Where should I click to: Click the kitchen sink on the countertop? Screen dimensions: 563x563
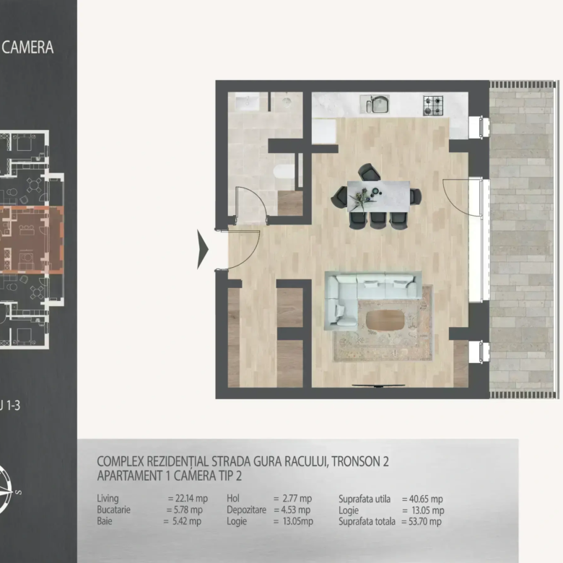[375, 104]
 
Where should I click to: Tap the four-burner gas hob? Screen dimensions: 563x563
[433, 105]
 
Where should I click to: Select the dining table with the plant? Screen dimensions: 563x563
[378, 196]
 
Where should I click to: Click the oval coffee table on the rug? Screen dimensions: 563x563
[385, 320]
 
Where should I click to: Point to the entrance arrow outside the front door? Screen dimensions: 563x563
[203, 250]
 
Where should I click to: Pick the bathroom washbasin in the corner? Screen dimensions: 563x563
[247, 102]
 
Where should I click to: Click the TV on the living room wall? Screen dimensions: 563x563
[378, 386]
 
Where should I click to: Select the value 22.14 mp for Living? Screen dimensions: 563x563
[191, 498]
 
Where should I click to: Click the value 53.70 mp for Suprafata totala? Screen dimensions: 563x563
[424, 521]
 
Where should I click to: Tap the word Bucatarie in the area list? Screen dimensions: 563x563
[113, 510]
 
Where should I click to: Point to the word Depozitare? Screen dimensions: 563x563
[246, 510]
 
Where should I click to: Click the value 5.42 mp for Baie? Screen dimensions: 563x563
[187, 521]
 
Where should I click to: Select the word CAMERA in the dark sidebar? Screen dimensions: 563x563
[27, 48]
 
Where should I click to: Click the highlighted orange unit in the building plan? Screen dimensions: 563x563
[30, 240]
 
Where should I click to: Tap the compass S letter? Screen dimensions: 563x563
[19, 492]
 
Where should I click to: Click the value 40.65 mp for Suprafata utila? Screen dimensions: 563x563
[426, 499]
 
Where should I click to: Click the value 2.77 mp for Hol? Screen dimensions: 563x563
[297, 498]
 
